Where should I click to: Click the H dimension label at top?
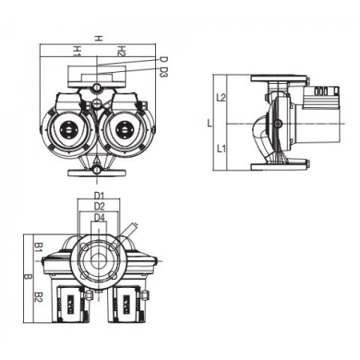coord(98,39)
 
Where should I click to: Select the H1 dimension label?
coord(77,51)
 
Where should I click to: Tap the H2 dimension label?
coord(122,51)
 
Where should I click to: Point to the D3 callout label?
coord(164,72)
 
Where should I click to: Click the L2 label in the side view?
coord(221,98)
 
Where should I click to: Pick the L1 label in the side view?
coord(221,148)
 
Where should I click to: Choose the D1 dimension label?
coord(99,196)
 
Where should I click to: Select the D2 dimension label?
coord(99,206)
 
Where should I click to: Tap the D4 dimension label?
coord(99,218)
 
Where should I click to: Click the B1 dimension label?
coord(39,247)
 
